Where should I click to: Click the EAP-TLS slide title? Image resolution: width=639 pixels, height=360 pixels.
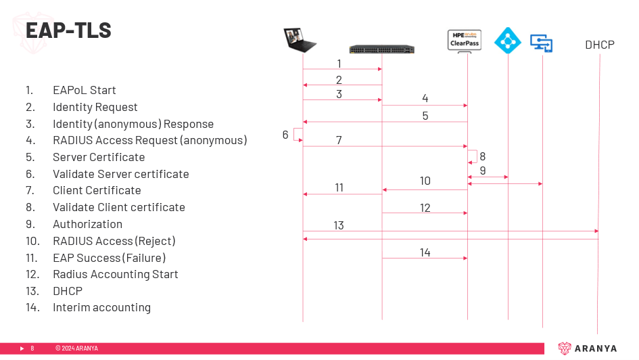coord(68,30)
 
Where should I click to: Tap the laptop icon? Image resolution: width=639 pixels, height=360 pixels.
coord(300,40)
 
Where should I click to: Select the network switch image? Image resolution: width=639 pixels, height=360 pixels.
coord(382,49)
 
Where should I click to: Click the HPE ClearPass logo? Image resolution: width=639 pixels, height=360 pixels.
coord(464,41)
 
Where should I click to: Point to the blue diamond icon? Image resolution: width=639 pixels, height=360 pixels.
coord(508,41)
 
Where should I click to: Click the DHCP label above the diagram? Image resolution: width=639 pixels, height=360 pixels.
coord(600,45)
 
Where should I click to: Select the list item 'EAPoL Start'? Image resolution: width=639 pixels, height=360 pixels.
coord(85,90)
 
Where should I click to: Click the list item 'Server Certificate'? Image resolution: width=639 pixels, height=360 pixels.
coord(99,157)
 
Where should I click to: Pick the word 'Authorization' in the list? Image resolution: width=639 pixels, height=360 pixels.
coord(88,224)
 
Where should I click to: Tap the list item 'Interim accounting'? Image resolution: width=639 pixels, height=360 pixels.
coord(102,307)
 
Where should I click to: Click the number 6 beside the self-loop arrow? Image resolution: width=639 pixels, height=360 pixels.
coord(285,135)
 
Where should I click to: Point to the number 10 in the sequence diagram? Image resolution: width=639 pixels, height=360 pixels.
coord(425,181)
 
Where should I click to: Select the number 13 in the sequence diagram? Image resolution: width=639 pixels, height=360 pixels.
coord(339,225)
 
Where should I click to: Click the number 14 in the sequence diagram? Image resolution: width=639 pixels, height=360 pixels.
coord(425,253)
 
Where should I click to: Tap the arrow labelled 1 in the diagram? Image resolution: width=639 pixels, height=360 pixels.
coord(342,69)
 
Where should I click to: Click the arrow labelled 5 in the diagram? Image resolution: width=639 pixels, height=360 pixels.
coord(385,122)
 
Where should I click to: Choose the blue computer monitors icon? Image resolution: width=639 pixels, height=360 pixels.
coord(541,43)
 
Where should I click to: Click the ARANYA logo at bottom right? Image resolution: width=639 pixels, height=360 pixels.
coord(587,348)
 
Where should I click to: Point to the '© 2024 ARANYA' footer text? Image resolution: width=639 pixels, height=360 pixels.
coord(76,348)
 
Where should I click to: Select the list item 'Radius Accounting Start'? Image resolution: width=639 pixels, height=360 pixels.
coord(116,274)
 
